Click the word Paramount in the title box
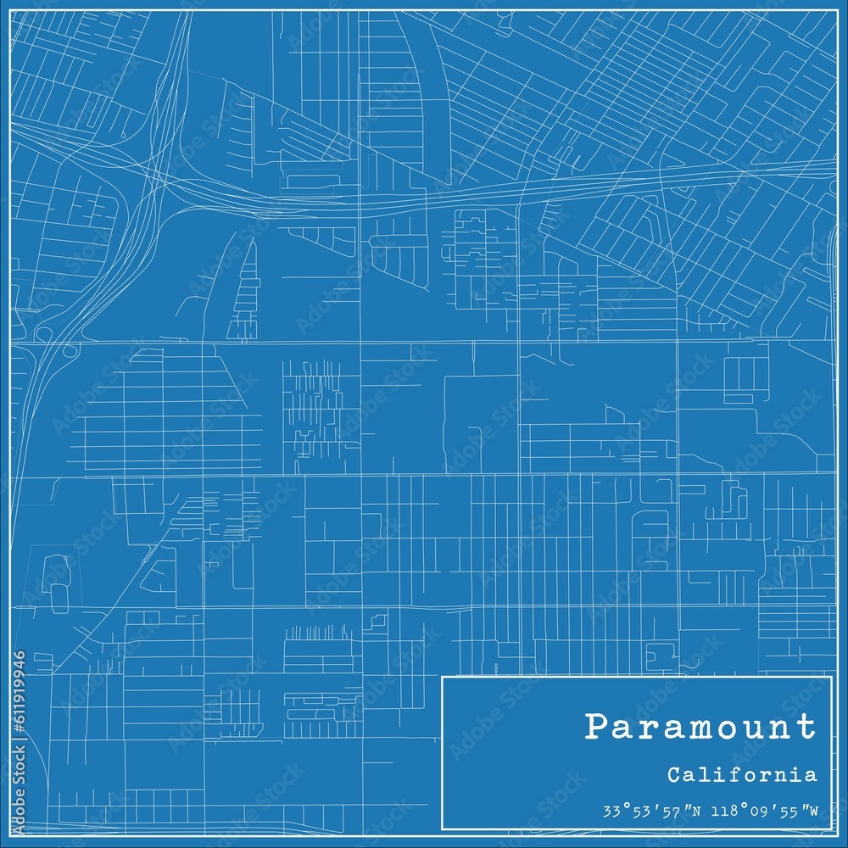coord(700,727)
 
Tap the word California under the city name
coord(742,774)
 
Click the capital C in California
coord(673,774)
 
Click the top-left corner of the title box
coord(443,677)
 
